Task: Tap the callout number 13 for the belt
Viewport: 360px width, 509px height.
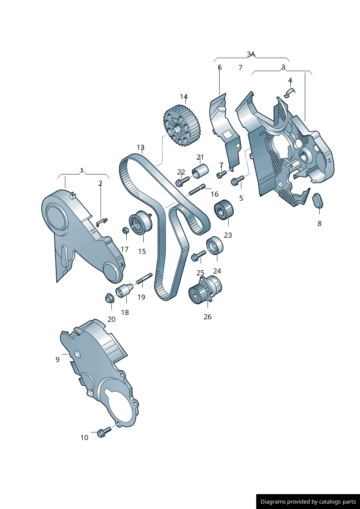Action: tap(141, 147)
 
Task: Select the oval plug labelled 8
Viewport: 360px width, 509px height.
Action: tap(318, 201)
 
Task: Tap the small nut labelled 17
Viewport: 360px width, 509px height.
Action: tap(125, 230)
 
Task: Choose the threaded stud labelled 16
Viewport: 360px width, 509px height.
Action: tap(197, 189)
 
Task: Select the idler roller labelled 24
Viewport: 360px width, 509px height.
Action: tap(215, 246)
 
